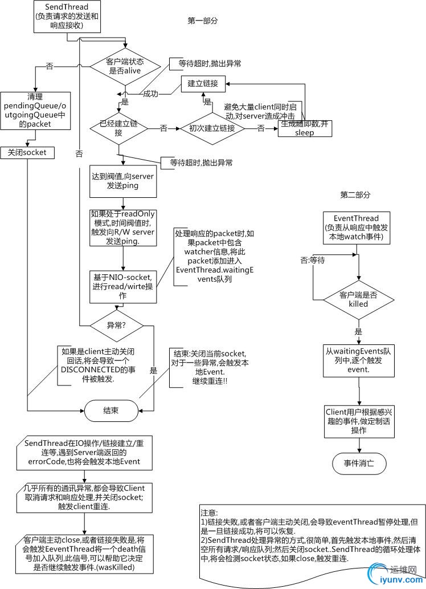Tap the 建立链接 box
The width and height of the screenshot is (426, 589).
[x=203, y=84]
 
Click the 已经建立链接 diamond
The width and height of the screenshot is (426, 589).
[x=119, y=128]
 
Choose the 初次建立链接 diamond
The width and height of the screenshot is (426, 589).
[x=212, y=128]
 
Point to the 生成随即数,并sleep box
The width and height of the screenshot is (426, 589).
[x=304, y=128]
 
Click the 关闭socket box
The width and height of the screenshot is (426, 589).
[x=27, y=153]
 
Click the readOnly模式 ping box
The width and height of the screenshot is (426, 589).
[x=123, y=228]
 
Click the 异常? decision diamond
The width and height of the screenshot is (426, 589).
[x=117, y=326]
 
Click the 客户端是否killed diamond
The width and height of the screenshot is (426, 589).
[x=358, y=299]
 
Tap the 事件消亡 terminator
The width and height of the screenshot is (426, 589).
[x=359, y=463]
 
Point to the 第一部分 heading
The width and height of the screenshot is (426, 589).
[x=203, y=21]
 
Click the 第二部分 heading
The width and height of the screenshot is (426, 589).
[x=355, y=194]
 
